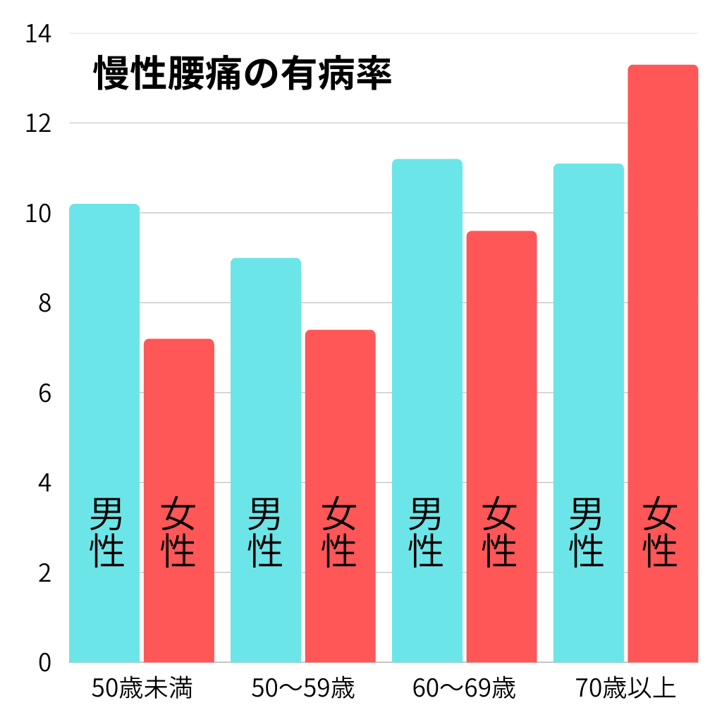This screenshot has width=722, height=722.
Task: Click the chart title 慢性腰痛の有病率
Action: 243,73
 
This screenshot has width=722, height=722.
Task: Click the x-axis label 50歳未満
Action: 142,688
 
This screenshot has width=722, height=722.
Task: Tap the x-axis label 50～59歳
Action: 303,688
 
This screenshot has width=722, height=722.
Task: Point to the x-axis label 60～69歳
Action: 464,688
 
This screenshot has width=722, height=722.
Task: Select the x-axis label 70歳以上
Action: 625,688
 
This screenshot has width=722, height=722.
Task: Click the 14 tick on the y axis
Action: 39,34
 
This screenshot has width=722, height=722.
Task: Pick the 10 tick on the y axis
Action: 39,214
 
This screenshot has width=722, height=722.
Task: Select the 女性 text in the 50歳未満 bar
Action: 178,532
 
